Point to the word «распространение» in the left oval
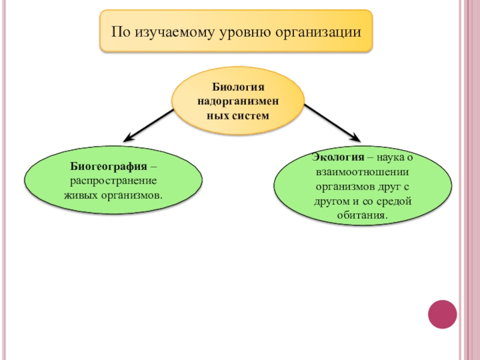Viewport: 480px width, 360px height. (x=113, y=181)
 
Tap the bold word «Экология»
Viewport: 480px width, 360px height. (x=337, y=157)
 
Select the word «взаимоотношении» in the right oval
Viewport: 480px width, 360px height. (x=362, y=172)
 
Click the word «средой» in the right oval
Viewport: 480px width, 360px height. (x=394, y=200)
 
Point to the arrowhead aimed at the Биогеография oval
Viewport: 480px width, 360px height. (x=128, y=137)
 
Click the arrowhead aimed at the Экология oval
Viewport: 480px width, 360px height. (x=356, y=137)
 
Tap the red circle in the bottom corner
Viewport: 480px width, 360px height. (x=443, y=313)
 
